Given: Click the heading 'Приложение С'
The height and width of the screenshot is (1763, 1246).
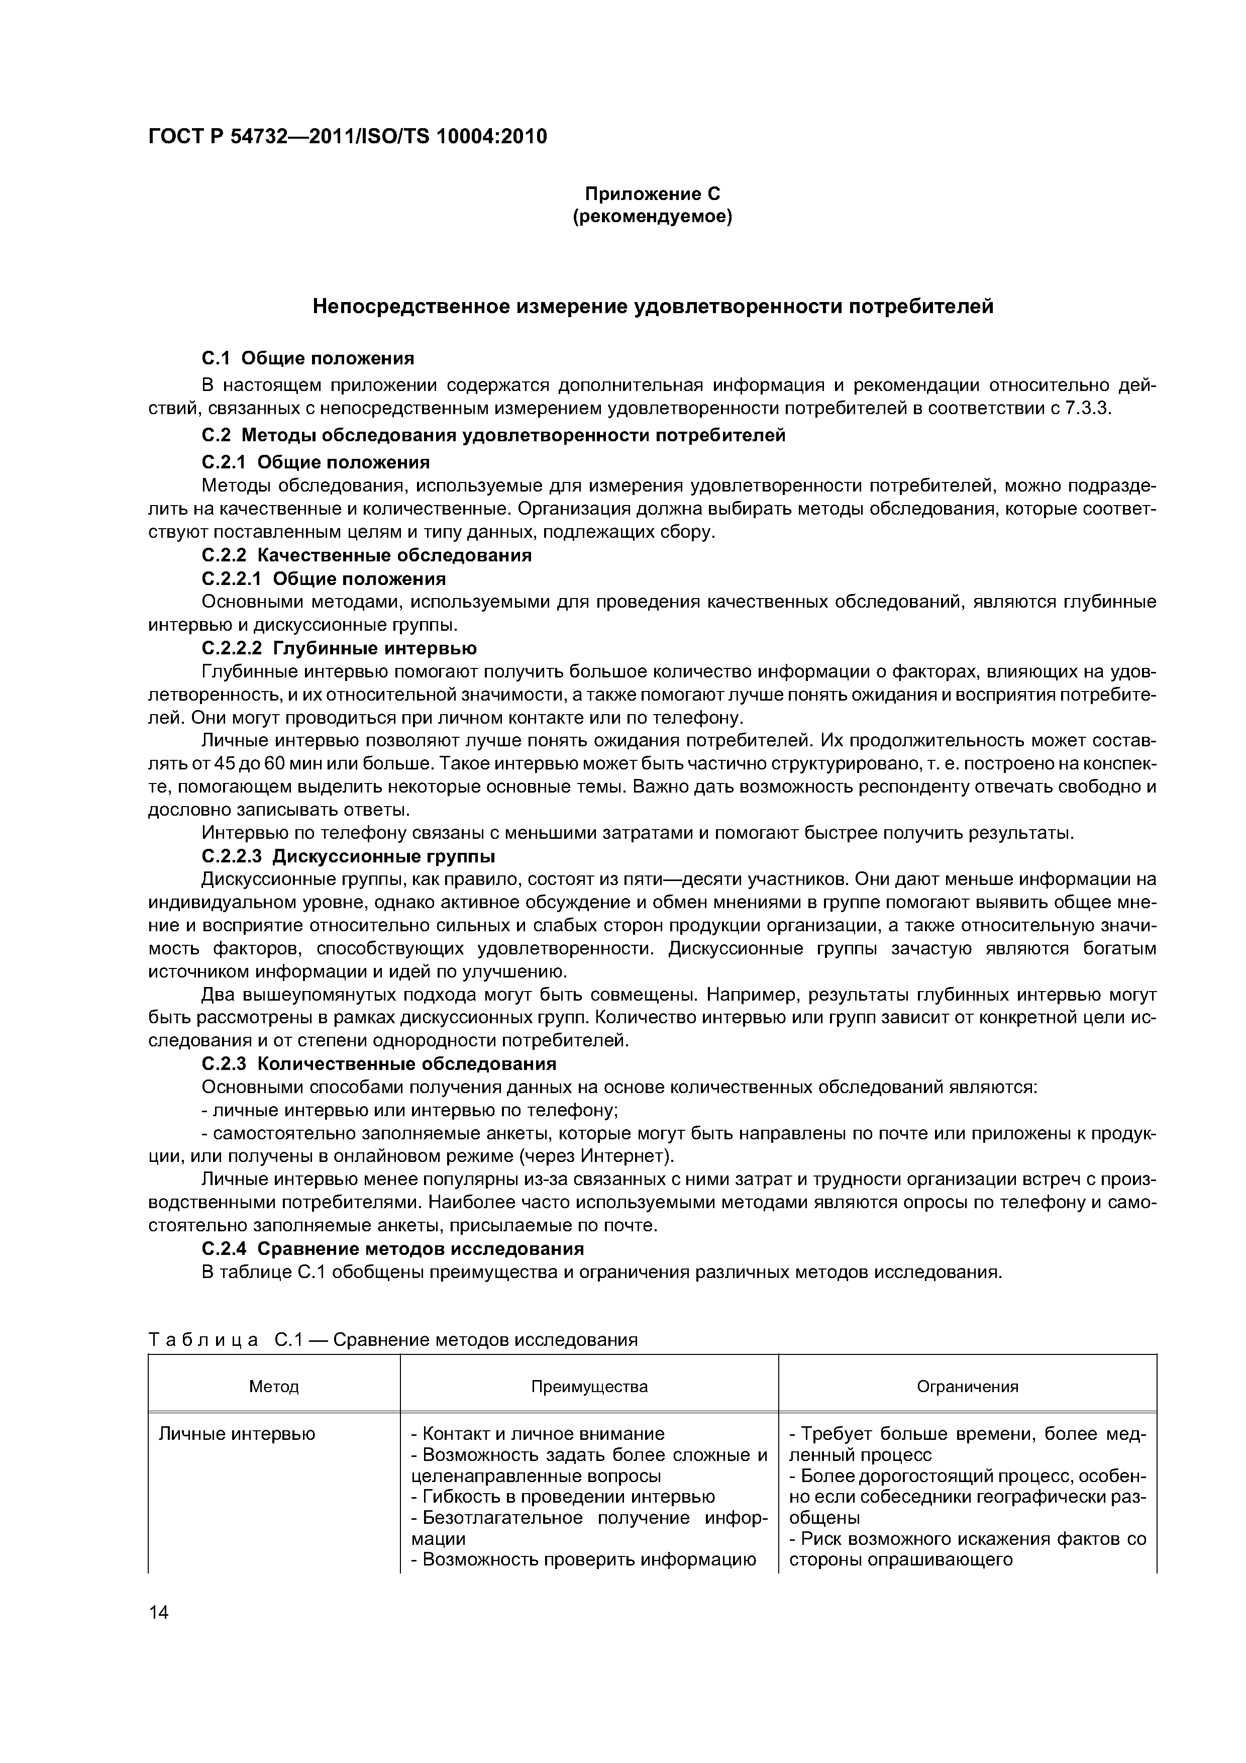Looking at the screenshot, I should [x=653, y=193].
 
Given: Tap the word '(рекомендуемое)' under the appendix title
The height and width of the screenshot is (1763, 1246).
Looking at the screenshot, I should [x=653, y=217].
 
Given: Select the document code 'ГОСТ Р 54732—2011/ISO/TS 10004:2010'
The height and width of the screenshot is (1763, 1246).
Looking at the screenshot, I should [x=347, y=137].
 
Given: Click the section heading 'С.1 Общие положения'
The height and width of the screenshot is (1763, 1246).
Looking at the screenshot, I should [x=307, y=359].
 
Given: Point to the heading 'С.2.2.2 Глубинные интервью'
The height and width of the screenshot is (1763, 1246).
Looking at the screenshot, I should [x=339, y=649].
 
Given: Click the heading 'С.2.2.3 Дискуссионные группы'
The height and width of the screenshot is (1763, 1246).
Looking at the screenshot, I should [x=348, y=856].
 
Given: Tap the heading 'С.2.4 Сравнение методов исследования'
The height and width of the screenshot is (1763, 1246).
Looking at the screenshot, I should [x=392, y=1248].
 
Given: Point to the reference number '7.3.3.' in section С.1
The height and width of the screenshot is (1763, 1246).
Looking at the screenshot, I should [x=1088, y=408].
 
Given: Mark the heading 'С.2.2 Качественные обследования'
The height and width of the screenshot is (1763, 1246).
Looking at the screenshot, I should [x=366, y=555].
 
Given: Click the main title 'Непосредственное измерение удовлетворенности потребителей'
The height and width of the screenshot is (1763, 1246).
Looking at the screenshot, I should [x=653, y=307].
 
